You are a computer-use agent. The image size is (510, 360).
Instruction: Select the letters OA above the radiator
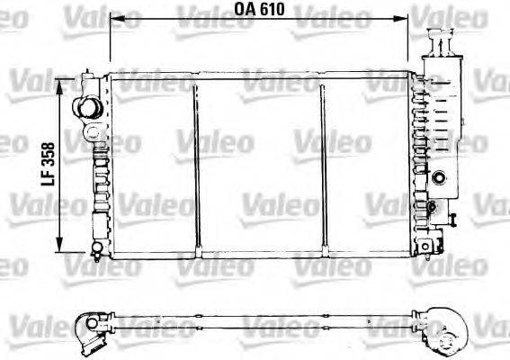pos(244,8)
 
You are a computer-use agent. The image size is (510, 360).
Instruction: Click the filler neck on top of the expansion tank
pos(443,40)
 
